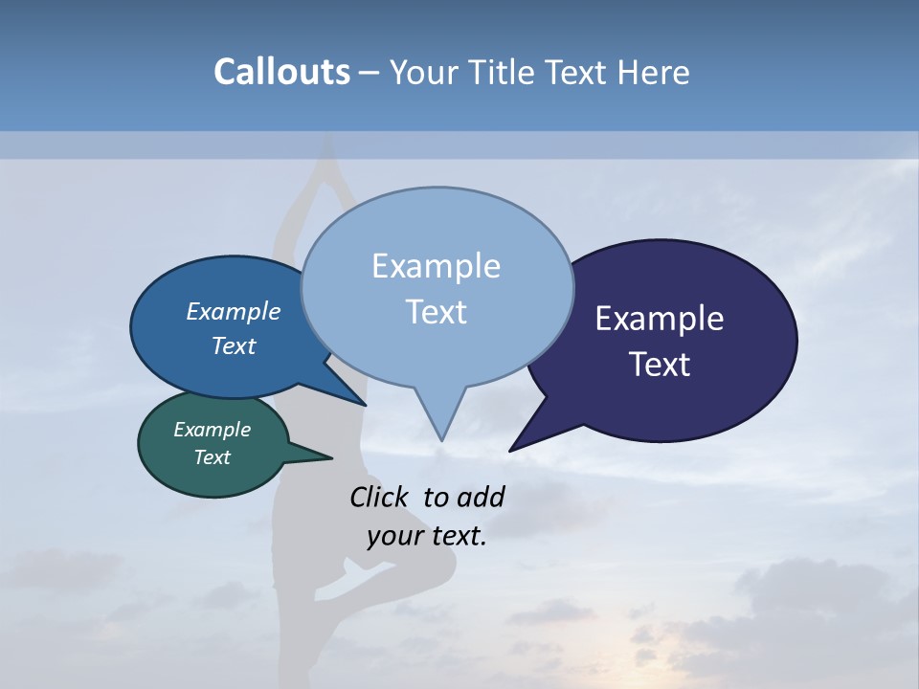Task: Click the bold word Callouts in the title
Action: (x=281, y=72)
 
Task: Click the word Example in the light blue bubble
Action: (x=436, y=266)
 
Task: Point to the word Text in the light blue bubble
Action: (x=436, y=312)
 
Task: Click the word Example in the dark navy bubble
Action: (x=660, y=319)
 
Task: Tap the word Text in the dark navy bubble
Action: (x=660, y=365)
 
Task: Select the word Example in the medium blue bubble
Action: (x=233, y=312)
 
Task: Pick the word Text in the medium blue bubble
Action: (x=233, y=345)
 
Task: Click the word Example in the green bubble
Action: (x=212, y=430)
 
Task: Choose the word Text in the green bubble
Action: (x=212, y=457)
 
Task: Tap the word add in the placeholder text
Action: (x=481, y=497)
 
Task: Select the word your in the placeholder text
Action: (x=393, y=536)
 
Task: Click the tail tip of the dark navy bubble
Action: (x=510, y=450)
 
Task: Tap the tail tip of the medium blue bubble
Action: (x=365, y=404)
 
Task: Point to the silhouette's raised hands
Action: (x=328, y=144)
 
